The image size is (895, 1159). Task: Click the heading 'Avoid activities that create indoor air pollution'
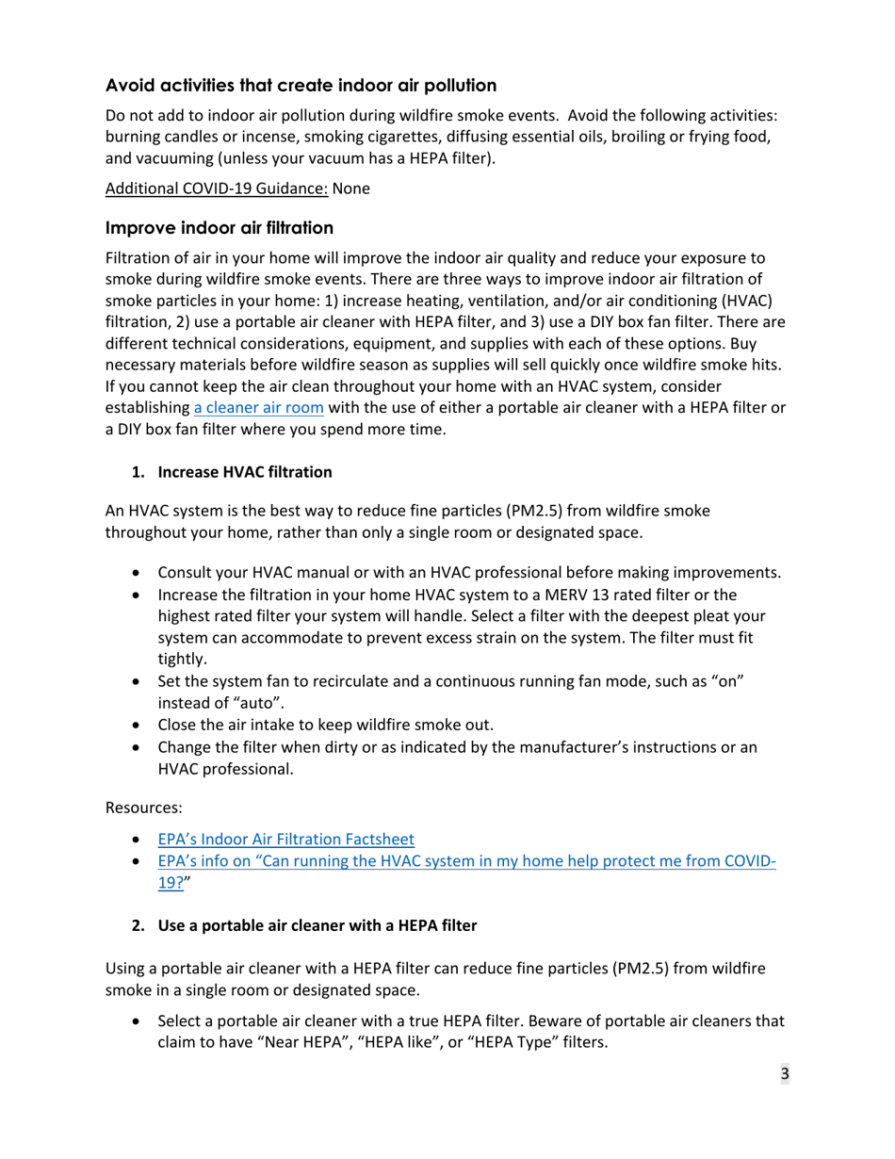click(x=301, y=86)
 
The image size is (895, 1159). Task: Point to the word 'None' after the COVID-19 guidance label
click(x=351, y=188)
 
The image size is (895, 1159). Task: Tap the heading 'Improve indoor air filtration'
click(x=219, y=228)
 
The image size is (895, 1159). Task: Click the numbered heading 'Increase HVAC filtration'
click(x=244, y=471)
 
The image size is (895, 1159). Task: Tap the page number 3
click(x=784, y=1074)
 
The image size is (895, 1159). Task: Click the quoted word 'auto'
click(x=245, y=702)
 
